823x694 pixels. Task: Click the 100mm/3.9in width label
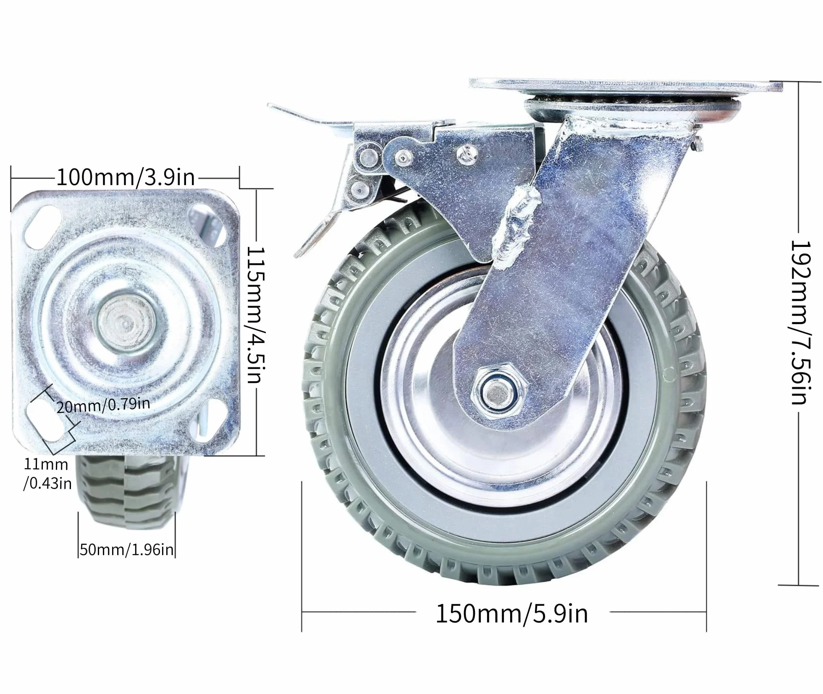coord(126,178)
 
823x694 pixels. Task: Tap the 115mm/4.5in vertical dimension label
coord(255,315)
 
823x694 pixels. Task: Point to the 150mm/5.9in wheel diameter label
coord(512,614)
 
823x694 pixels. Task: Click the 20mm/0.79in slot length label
coord(103,405)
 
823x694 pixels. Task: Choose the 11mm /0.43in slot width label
coord(47,474)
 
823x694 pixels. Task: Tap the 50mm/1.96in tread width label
coord(126,550)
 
